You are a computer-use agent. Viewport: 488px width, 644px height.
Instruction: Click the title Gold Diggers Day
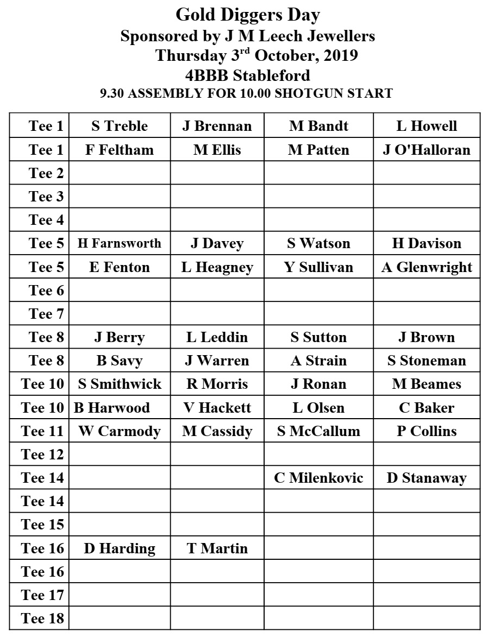[x=248, y=15]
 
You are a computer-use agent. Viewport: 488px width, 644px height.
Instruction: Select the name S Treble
[x=120, y=126]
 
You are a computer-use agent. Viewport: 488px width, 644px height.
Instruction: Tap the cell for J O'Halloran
[x=427, y=149]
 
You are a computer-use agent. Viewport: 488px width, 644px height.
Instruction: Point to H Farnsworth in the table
[x=120, y=243]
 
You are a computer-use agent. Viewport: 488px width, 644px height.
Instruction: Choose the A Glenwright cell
[x=427, y=267]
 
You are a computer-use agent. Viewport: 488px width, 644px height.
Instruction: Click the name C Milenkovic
[x=318, y=478]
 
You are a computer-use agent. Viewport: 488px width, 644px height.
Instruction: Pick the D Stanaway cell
[x=427, y=478]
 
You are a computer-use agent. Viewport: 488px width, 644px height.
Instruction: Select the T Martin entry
[x=217, y=548]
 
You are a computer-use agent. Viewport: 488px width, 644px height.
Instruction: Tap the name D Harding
[x=120, y=548]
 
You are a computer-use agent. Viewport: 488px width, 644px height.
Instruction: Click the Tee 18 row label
[x=42, y=618]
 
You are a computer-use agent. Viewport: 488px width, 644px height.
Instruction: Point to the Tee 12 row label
[x=42, y=454]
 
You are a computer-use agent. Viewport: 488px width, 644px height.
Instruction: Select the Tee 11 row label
[x=42, y=431]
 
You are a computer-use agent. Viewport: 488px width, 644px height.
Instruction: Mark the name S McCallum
[x=318, y=431]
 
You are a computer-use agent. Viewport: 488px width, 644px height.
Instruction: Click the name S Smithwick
[x=120, y=384]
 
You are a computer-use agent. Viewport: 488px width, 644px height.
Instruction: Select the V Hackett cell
[x=217, y=407]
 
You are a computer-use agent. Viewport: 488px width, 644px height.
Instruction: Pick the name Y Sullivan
[x=318, y=267]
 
